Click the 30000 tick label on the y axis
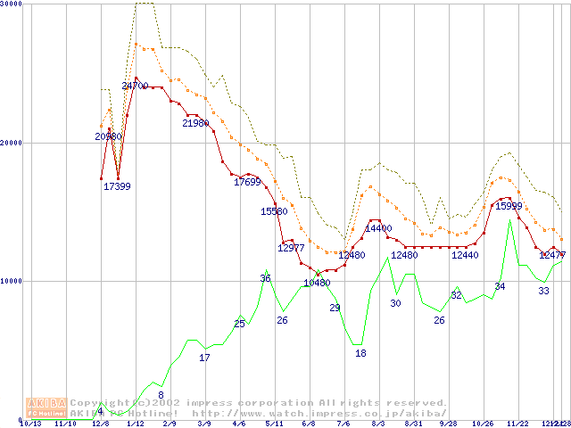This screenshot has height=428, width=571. [12, 4]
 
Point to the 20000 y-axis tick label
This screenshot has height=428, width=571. [12, 143]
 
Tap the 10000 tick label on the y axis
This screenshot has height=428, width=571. [12, 281]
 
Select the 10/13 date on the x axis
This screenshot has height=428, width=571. [30, 424]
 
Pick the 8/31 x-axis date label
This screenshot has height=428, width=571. [412, 424]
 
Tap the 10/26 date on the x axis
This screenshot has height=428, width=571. [482, 424]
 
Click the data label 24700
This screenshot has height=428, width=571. [135, 86]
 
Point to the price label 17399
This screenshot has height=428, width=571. [118, 186]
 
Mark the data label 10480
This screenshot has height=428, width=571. [317, 283]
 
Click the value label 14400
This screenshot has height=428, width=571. [378, 228]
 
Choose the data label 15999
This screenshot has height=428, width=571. [509, 206]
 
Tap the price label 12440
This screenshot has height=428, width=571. [465, 255]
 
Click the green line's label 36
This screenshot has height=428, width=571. [265, 278]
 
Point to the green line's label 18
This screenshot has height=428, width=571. [360, 353]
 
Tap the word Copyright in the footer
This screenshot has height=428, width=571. [102, 403]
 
